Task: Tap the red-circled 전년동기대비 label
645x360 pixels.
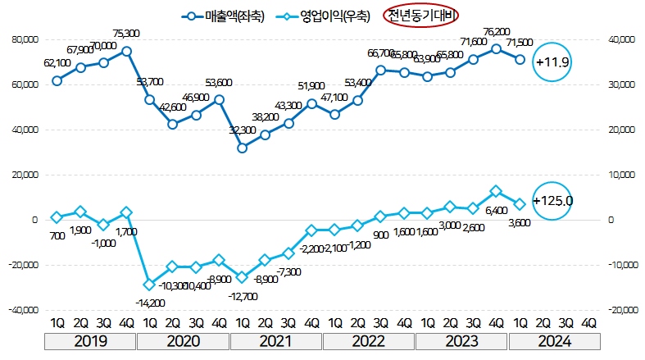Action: click(x=423, y=16)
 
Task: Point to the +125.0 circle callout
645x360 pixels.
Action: click(x=552, y=200)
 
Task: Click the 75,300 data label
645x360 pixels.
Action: click(x=125, y=34)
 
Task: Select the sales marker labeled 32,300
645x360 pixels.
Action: click(x=242, y=148)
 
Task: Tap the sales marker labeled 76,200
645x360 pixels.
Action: click(x=496, y=49)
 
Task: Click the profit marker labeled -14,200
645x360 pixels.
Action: click(x=149, y=285)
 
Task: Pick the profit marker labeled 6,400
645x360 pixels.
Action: click(x=496, y=191)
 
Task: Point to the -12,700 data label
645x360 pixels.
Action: click(x=243, y=296)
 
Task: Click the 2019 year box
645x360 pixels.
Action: click(x=92, y=341)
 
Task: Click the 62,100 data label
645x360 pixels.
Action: click(x=57, y=62)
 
